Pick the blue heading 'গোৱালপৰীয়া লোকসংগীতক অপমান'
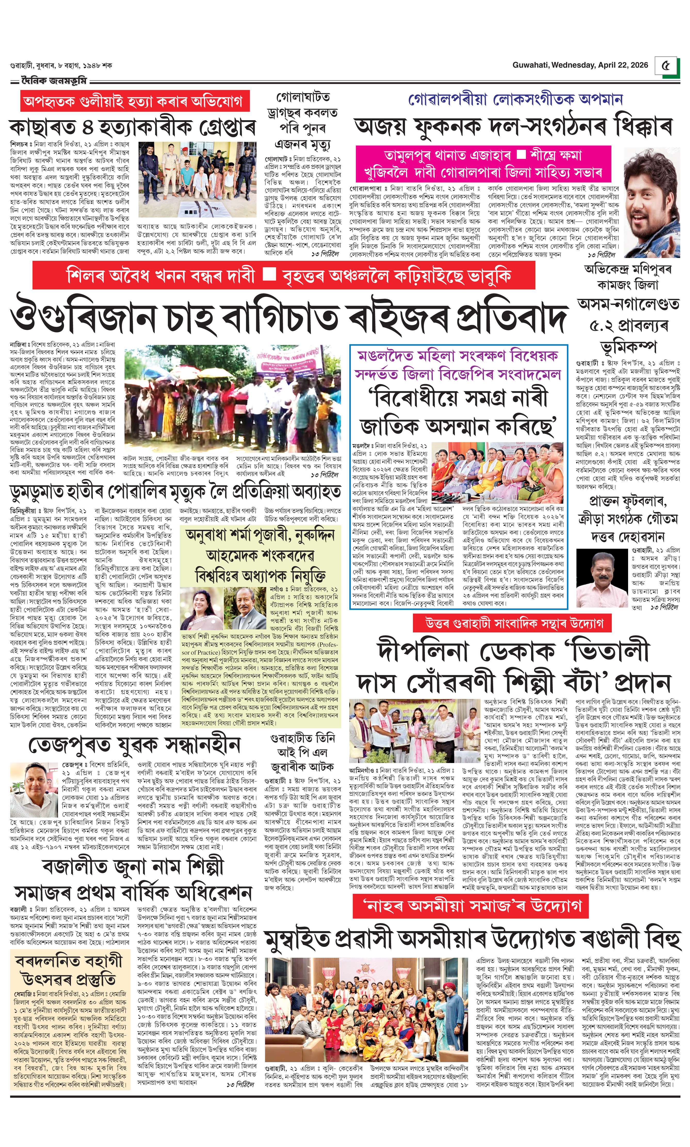[515, 99]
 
